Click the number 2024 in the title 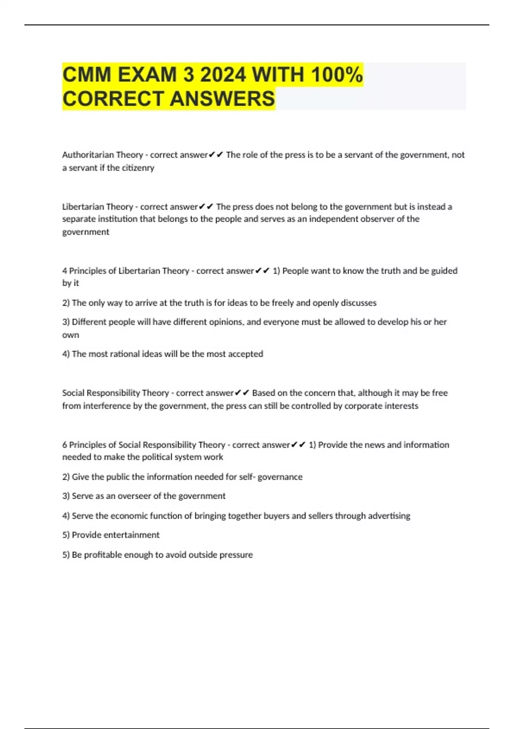tap(223, 75)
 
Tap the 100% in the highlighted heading tap(337, 75)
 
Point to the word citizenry tap(138, 168)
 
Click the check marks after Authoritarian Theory tap(216, 155)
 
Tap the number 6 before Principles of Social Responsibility tap(65, 445)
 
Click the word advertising tap(388, 515)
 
